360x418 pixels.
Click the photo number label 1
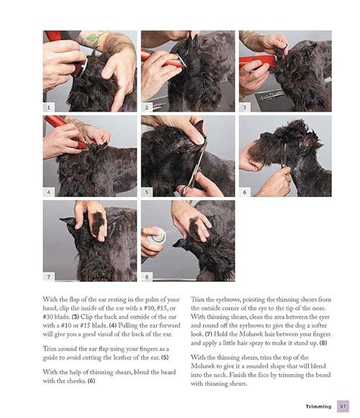pyautogui.click(x=49, y=107)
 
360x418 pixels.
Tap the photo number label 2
pyautogui.click(x=147, y=107)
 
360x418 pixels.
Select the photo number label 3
pyautogui.click(x=245, y=107)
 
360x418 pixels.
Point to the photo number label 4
pyautogui.click(x=49, y=192)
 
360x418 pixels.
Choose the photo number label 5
pyautogui.click(x=147, y=192)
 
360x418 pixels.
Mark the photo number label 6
pyautogui.click(x=245, y=192)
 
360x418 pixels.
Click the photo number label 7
pyautogui.click(x=49, y=277)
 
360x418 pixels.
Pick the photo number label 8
pyautogui.click(x=147, y=277)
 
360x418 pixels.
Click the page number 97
pyautogui.click(x=343, y=406)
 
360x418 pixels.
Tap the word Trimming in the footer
pyautogui.click(x=318, y=406)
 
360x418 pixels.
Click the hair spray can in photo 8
pyautogui.click(x=156, y=236)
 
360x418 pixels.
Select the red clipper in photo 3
pyautogui.click(x=258, y=62)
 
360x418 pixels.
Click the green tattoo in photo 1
pyautogui.click(x=92, y=38)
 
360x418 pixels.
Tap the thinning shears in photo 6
pyautogui.click(x=284, y=155)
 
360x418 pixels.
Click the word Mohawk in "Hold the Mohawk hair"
pyautogui.click(x=251, y=334)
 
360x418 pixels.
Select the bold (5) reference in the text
pyautogui.click(x=165, y=358)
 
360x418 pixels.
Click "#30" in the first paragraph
pyautogui.click(x=48, y=317)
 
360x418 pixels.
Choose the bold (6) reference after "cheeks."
pyautogui.click(x=91, y=381)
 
